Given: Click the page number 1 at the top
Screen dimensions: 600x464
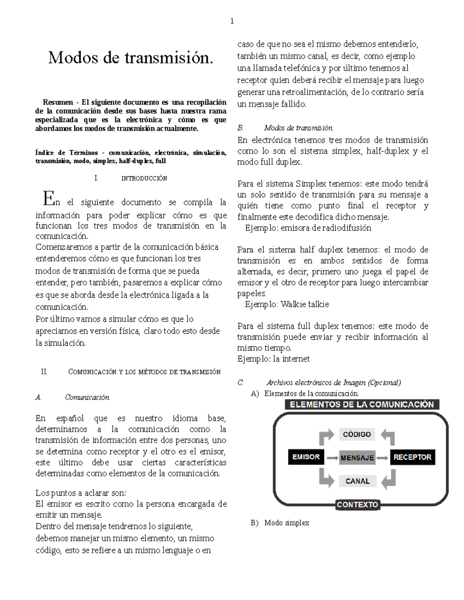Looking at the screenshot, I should coord(232,21).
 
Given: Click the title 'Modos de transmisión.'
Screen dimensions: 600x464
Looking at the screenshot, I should coord(130,58).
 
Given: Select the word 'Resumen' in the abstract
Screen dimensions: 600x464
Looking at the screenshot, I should coord(58,102).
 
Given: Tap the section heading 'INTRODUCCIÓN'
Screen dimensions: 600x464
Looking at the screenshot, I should coord(144,178).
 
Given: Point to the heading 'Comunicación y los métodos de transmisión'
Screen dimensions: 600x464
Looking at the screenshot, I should coord(144,372).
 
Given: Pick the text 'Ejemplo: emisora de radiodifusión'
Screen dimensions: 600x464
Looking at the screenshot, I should coord(308,228).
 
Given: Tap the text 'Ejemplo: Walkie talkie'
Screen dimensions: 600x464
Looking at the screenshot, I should coord(287,304).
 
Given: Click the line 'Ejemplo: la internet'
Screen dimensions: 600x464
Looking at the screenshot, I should coord(273,359).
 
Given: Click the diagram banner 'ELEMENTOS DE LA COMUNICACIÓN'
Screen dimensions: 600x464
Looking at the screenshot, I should coord(362,405).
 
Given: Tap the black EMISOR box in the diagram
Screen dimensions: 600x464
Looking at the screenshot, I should coord(306,457).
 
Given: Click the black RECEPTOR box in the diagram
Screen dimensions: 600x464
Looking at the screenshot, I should coord(412,457).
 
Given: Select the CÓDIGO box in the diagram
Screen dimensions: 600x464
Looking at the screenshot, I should coord(357,434).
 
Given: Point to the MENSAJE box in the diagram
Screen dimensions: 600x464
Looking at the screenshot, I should coord(357,458).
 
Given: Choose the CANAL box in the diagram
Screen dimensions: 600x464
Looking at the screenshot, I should coord(357,481).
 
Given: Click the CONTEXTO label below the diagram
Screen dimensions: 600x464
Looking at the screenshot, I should coord(357,505).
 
